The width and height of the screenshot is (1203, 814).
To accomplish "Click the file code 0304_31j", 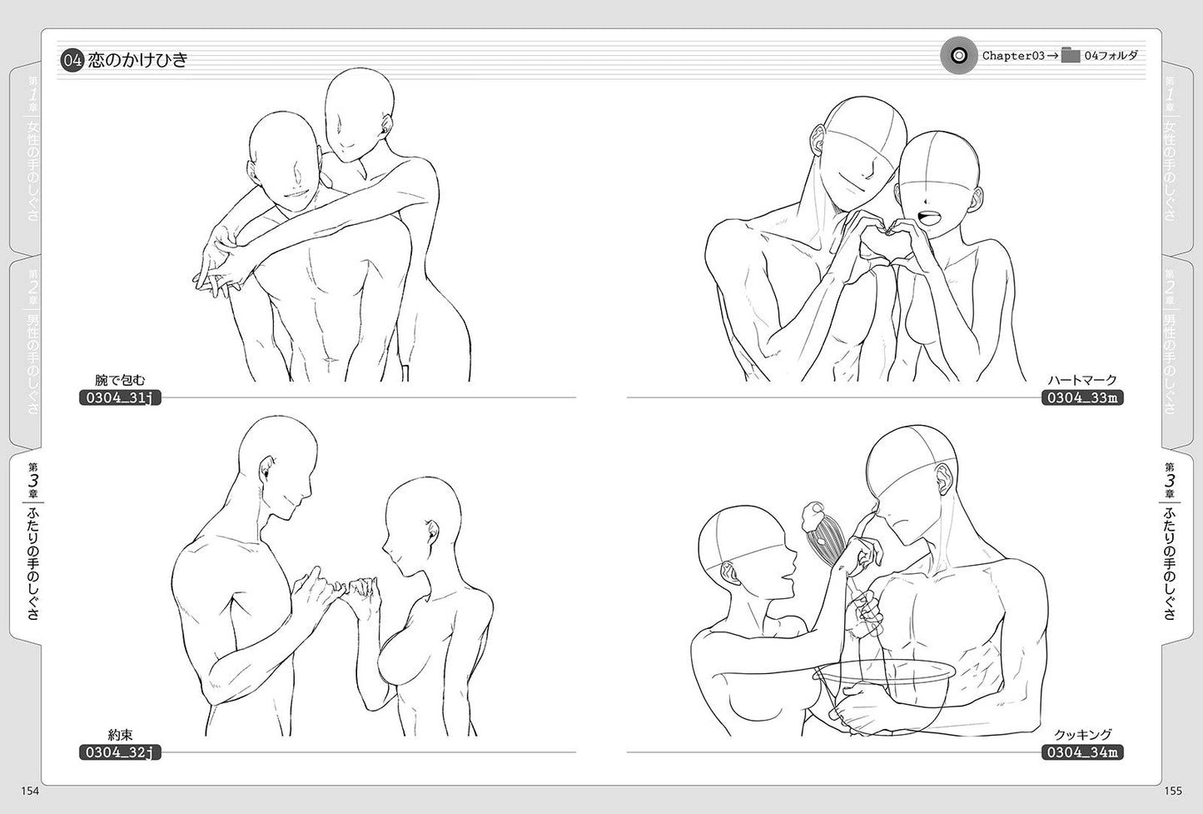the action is [120, 398].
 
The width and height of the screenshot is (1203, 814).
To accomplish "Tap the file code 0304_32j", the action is [120, 752].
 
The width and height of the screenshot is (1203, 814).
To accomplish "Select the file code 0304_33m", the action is [1082, 398].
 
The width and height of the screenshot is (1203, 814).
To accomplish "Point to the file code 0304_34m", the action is [1082, 752].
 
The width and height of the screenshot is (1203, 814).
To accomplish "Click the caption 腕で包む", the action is [120, 381].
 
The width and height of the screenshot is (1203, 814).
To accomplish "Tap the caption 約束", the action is [120, 735].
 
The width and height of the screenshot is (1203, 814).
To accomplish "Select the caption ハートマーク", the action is [1082, 381].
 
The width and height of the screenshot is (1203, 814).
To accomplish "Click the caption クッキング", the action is [1082, 735].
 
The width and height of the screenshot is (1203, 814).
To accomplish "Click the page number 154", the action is [29, 791].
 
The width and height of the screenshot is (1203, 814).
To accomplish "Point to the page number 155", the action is [1173, 791].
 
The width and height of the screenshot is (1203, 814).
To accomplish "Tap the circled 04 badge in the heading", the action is [72, 60].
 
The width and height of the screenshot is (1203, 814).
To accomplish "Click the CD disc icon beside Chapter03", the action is [958, 55].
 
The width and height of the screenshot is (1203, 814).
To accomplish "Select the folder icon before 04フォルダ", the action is [1071, 55].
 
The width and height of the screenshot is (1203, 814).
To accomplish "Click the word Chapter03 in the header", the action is [1013, 55].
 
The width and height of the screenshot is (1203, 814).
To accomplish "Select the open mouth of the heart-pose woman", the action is [927, 217].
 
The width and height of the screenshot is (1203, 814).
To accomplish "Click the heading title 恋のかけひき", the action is [137, 60].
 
